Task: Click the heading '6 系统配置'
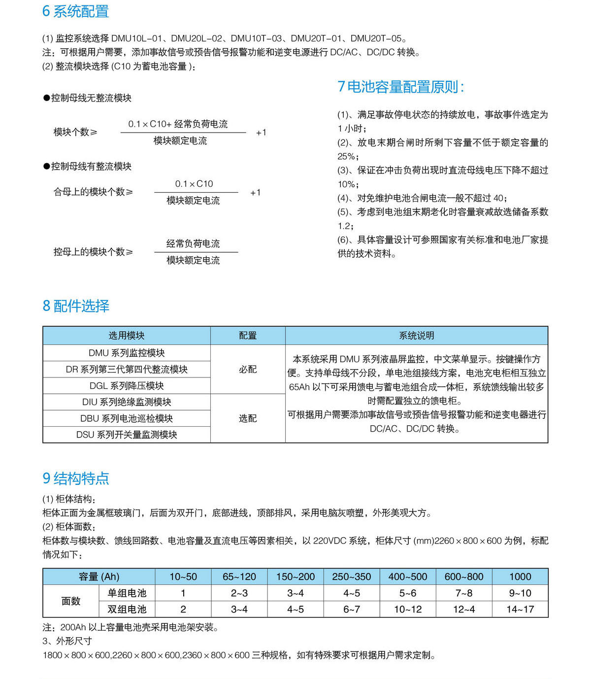tap(75, 11)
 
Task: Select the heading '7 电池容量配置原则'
tap(400, 87)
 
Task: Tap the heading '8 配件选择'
tap(76, 306)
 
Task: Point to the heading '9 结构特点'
tap(76, 478)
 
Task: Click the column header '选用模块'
tap(127, 336)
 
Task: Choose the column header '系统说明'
tap(416, 336)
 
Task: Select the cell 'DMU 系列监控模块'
tap(127, 353)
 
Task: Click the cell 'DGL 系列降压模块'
tap(127, 386)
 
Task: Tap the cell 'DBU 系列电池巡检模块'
tap(127, 418)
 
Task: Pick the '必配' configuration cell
tap(248, 369)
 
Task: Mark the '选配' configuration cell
tap(248, 418)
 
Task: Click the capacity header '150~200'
tap(295, 577)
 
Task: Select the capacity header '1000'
tap(520, 577)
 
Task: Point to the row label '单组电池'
tap(127, 593)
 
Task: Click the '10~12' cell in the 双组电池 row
tap(408, 610)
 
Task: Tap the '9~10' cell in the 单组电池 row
tap(520, 593)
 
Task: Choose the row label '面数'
tap(71, 601)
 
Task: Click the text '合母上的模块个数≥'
tap(93, 192)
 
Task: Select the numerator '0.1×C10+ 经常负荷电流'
tap(178, 124)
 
